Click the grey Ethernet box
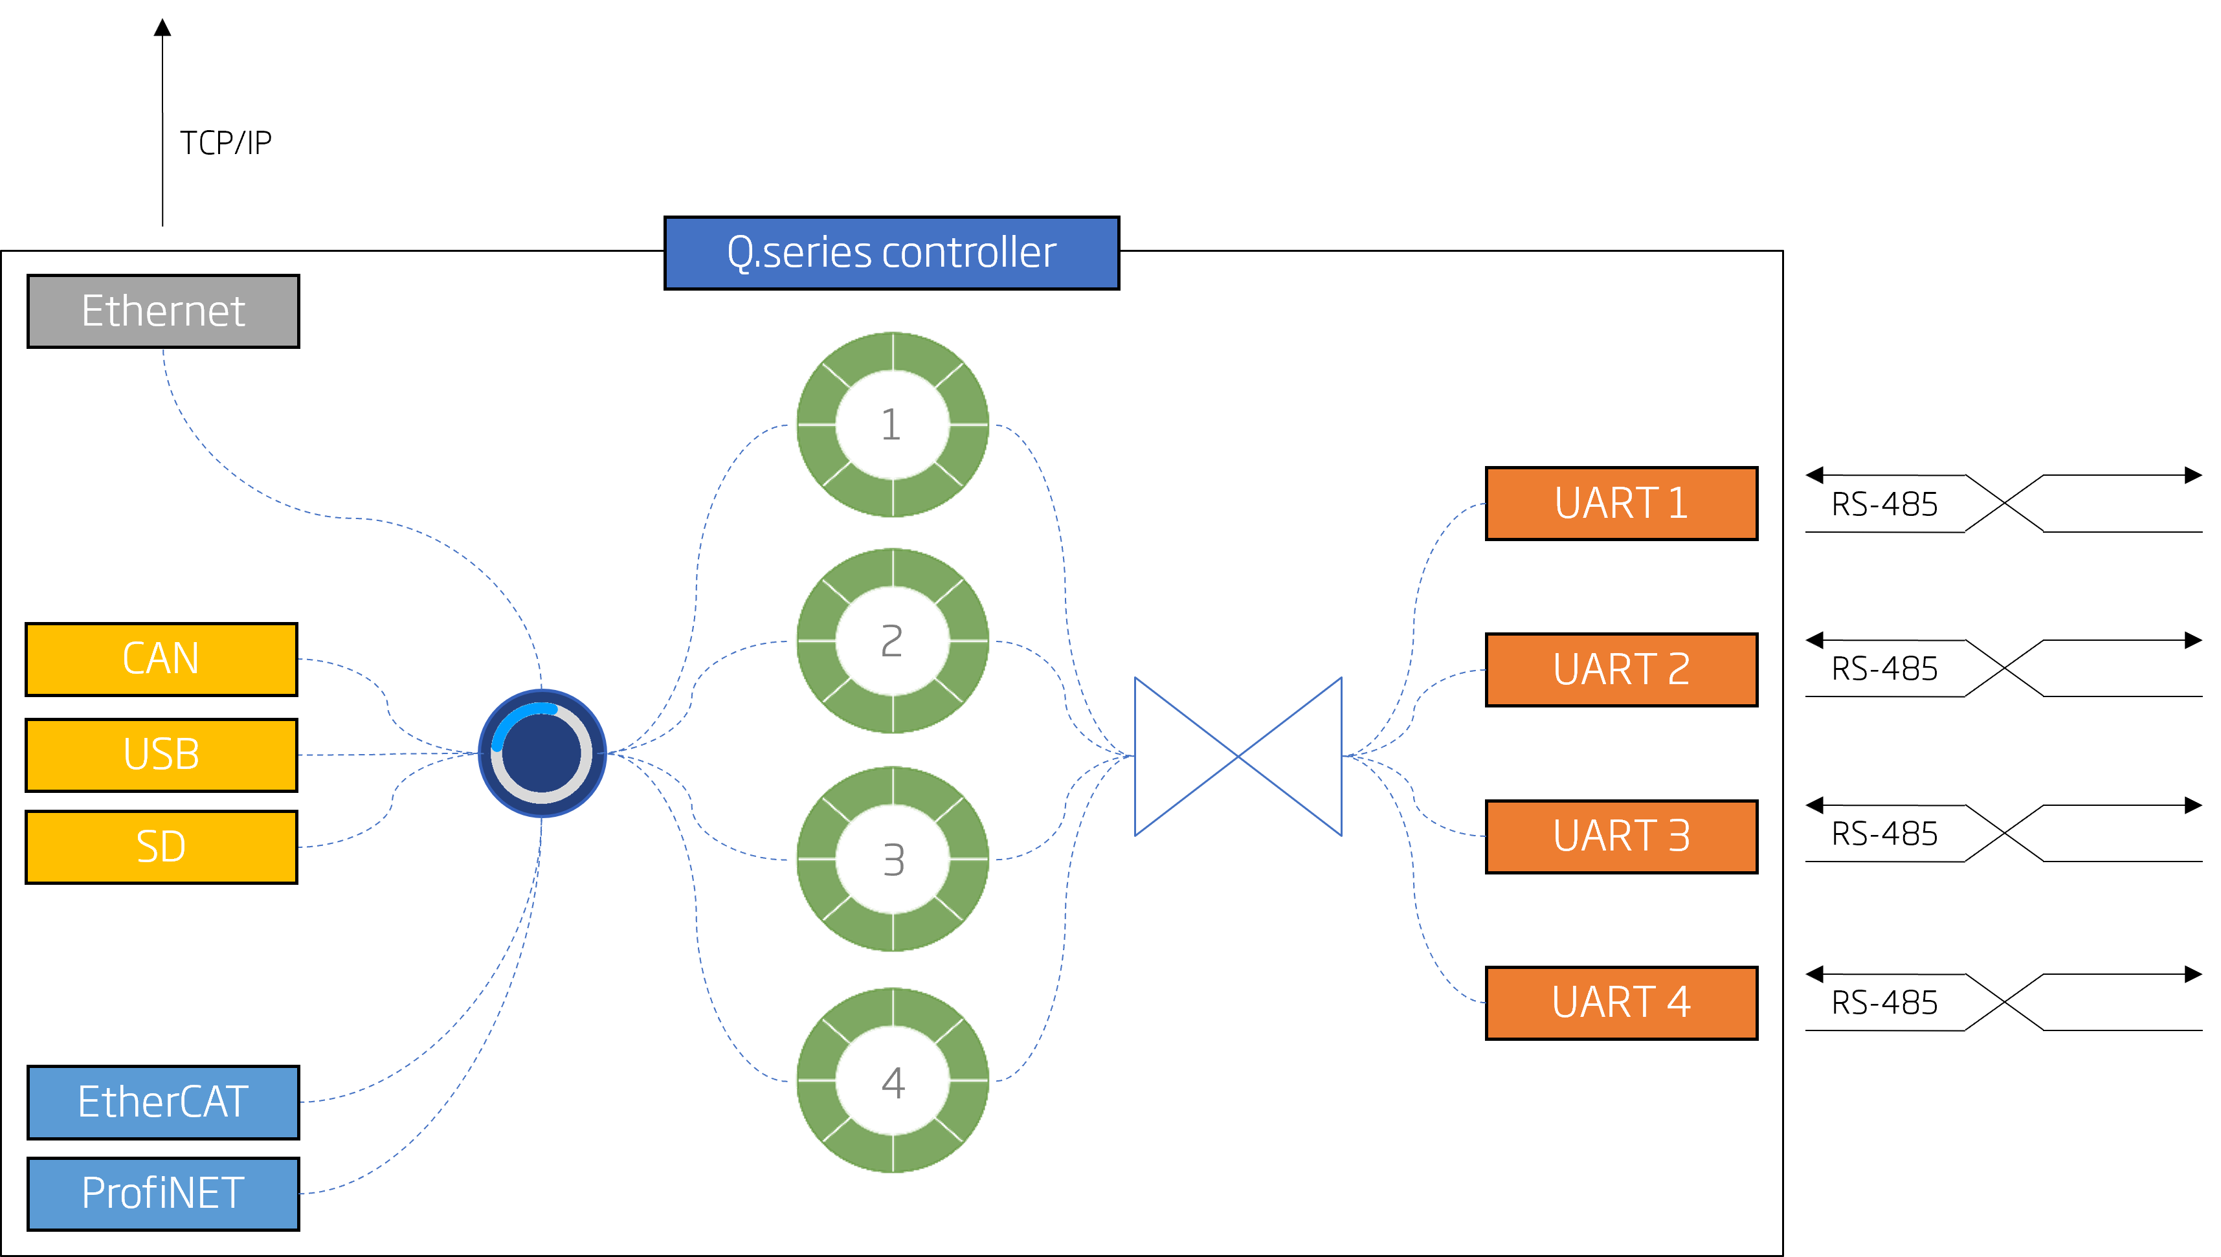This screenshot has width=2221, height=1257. coord(163,311)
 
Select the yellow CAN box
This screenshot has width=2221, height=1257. coord(161,659)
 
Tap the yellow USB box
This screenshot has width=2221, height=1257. coord(161,755)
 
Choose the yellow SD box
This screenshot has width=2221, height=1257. coord(161,846)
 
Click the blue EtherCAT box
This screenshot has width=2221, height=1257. coord(163,1102)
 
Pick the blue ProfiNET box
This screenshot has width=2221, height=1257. coord(163,1193)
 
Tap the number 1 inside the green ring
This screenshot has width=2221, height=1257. coord(891,425)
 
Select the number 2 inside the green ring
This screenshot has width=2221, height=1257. coord(891,641)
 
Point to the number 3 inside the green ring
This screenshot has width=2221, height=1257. coord(893,860)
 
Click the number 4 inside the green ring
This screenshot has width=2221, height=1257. coord(893,1082)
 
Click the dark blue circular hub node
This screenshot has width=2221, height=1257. coord(542,753)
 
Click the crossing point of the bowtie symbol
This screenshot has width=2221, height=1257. coord(1238,756)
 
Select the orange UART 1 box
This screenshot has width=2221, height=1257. coord(1621,504)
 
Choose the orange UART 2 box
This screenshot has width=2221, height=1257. coord(1621,669)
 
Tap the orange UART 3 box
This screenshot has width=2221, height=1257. coord(1621,836)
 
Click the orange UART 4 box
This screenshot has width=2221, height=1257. coord(1621,1003)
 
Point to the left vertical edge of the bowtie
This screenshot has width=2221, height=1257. coord(1135,756)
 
